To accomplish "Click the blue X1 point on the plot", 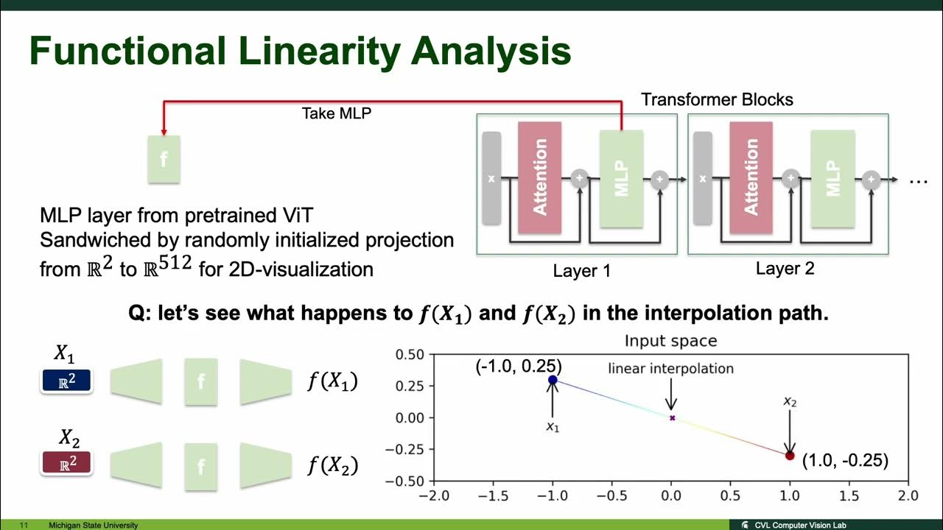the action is pyautogui.click(x=553, y=380).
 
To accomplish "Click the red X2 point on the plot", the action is pyautogui.click(x=790, y=456).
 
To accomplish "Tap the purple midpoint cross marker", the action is pyautogui.click(x=673, y=417).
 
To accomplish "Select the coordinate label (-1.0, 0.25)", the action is pyautogui.click(x=519, y=367).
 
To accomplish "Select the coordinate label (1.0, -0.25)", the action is pyautogui.click(x=845, y=461).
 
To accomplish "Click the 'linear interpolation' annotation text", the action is pyautogui.click(x=670, y=369).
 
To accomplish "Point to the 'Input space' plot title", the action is pyautogui.click(x=670, y=341).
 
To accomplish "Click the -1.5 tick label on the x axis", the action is pyautogui.click(x=493, y=496).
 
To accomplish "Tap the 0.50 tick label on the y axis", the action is pyautogui.click(x=410, y=355).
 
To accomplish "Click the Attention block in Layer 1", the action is pyautogui.click(x=540, y=177).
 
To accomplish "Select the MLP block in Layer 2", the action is pyautogui.click(x=832, y=178).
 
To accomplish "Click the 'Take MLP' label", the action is pyautogui.click(x=337, y=113).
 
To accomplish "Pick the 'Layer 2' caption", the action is pyautogui.click(x=785, y=269).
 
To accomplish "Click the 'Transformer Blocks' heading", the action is pyautogui.click(x=717, y=99).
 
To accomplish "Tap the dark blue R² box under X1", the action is pyautogui.click(x=66, y=381).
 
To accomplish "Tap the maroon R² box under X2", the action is pyautogui.click(x=66, y=463).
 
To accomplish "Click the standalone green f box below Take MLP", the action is pyautogui.click(x=164, y=159).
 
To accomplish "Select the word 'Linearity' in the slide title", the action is pyautogui.click(x=320, y=52).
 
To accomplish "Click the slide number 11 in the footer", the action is pyautogui.click(x=24, y=526).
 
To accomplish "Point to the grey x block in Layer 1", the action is pyautogui.click(x=491, y=178).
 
